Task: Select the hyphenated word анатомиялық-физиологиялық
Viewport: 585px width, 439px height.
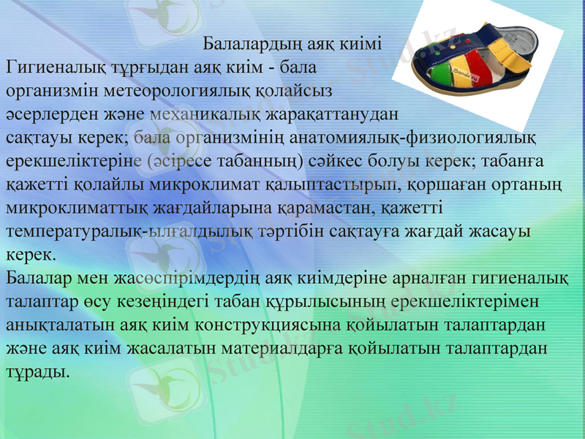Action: pyautogui.click(x=412, y=138)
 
